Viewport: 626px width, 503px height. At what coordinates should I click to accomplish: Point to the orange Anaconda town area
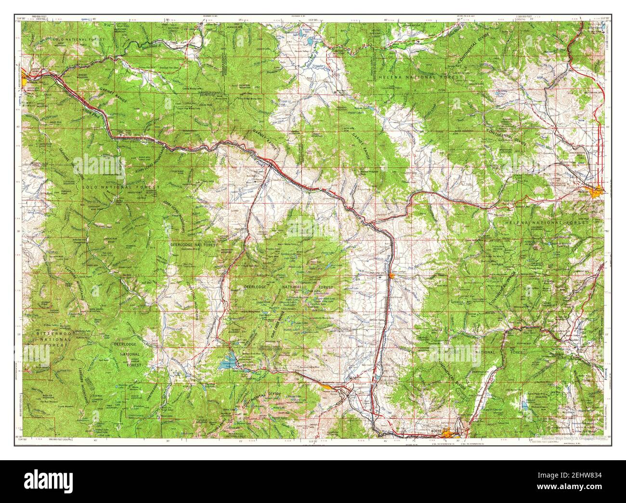pyautogui.click(x=328, y=384)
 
